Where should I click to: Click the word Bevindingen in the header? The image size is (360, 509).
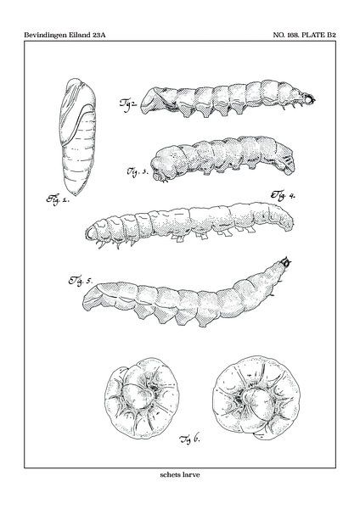(x=46, y=35)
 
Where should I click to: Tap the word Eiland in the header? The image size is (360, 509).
(x=80, y=35)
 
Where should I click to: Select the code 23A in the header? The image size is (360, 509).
(x=98, y=35)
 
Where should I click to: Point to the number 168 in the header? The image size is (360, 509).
(x=293, y=35)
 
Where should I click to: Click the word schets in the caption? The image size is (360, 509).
(x=170, y=474)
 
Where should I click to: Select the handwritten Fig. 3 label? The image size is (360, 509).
(x=137, y=171)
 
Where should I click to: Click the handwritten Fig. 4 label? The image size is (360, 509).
(x=283, y=195)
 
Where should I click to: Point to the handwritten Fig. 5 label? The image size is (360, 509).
(x=80, y=281)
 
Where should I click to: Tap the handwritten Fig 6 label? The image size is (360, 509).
(x=189, y=439)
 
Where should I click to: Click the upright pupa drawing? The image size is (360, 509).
(x=77, y=137)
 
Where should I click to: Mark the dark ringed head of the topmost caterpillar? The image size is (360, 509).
(x=310, y=99)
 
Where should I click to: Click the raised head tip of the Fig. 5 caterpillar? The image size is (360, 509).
(x=286, y=261)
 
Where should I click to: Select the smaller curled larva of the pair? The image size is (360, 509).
(x=142, y=399)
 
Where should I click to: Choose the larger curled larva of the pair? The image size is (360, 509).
(x=256, y=398)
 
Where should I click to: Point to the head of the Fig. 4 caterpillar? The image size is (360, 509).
(x=92, y=232)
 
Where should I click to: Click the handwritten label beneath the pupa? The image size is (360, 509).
(x=58, y=199)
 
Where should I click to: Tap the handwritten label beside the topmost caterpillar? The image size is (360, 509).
(x=128, y=103)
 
